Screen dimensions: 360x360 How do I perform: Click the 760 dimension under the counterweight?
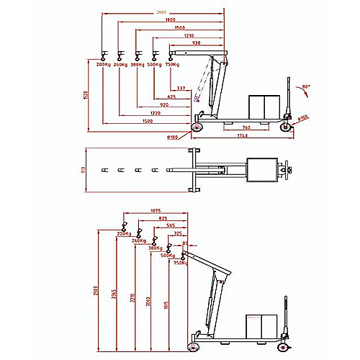click(x=246, y=127)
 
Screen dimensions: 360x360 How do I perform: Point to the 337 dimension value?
click(x=181, y=88)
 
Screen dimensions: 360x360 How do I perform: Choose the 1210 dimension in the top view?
click(x=189, y=35)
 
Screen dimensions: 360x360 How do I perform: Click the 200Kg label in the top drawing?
click(x=102, y=65)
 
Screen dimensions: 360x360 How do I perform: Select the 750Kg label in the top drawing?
click(x=172, y=65)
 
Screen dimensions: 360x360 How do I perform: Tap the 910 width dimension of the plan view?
click(x=84, y=171)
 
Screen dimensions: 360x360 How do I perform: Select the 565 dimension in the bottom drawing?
click(x=171, y=225)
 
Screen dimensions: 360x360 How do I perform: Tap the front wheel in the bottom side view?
click(x=193, y=346)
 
